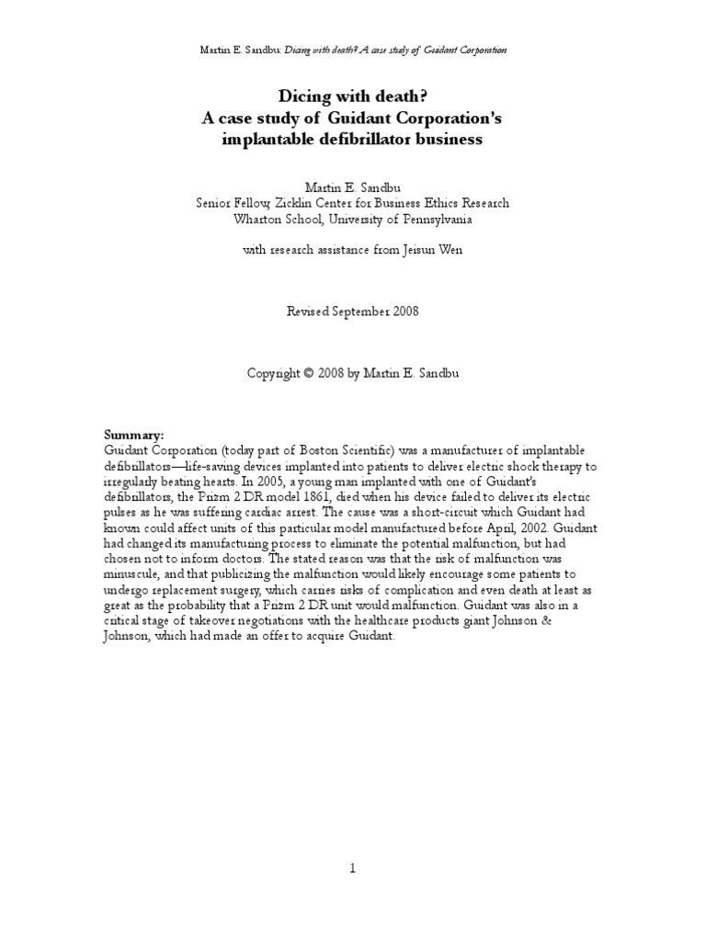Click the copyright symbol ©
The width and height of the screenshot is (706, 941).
point(311,374)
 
